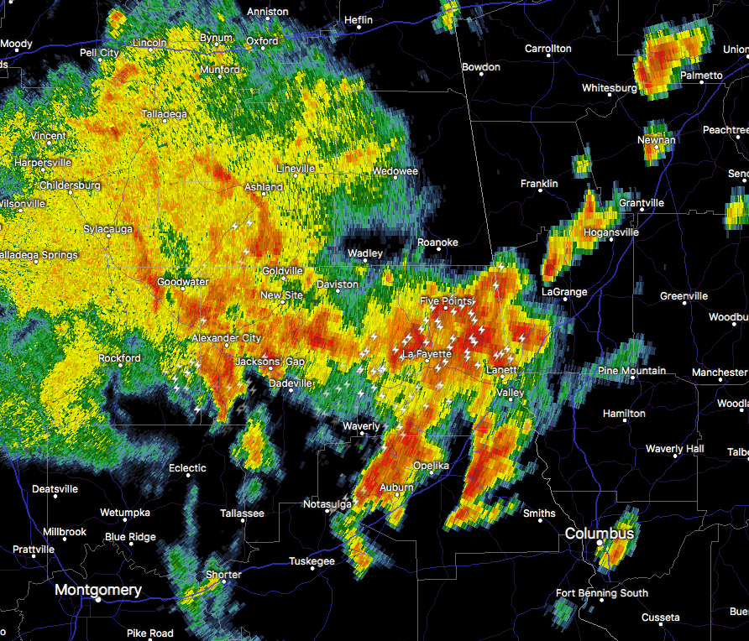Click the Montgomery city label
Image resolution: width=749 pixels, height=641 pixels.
(x=98, y=590)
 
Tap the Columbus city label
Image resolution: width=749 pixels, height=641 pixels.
(x=600, y=534)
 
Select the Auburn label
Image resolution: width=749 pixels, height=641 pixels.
(x=396, y=487)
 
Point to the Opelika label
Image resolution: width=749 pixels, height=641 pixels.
(x=431, y=466)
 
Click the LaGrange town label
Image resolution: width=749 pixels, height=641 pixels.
(x=564, y=292)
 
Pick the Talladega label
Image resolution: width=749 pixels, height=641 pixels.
(x=165, y=113)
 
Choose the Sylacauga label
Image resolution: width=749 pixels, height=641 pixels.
(x=106, y=228)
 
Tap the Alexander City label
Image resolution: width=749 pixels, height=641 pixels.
(x=227, y=337)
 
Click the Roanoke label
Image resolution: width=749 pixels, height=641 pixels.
(x=438, y=242)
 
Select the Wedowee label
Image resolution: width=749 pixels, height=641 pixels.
(x=395, y=171)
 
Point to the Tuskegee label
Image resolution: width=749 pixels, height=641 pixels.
(x=312, y=561)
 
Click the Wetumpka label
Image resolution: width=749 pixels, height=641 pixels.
(x=124, y=512)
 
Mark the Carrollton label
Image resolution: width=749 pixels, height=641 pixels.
(x=547, y=49)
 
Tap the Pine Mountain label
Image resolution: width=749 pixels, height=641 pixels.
(x=631, y=371)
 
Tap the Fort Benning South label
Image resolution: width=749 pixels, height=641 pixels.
(x=602, y=593)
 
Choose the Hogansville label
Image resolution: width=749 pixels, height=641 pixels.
(x=610, y=232)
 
